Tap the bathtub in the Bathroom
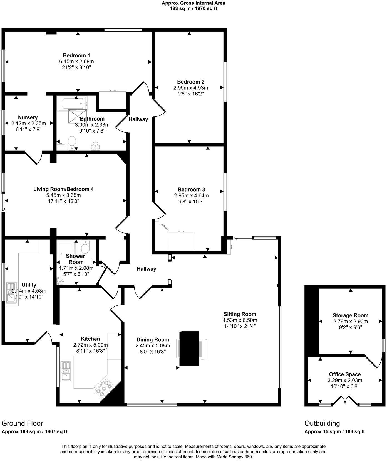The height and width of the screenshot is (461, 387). tap(72, 104)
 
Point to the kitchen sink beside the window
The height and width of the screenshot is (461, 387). tap(66, 371)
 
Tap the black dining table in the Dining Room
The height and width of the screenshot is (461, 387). tap(189, 348)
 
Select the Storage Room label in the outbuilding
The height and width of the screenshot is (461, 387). tap(350, 315)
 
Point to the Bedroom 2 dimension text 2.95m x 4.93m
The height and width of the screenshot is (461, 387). tap(191, 88)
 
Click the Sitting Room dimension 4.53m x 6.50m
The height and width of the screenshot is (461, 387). tap(240, 320)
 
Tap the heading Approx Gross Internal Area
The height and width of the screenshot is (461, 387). tap(193, 3)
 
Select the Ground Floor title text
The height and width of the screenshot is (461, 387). tap(22, 423)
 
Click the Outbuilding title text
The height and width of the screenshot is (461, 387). tap(322, 423)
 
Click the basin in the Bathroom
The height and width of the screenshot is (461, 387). tap(96, 146)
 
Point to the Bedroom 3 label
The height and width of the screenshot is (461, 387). tap(191, 189)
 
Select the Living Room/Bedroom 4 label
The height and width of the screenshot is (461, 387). tap(63, 189)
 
